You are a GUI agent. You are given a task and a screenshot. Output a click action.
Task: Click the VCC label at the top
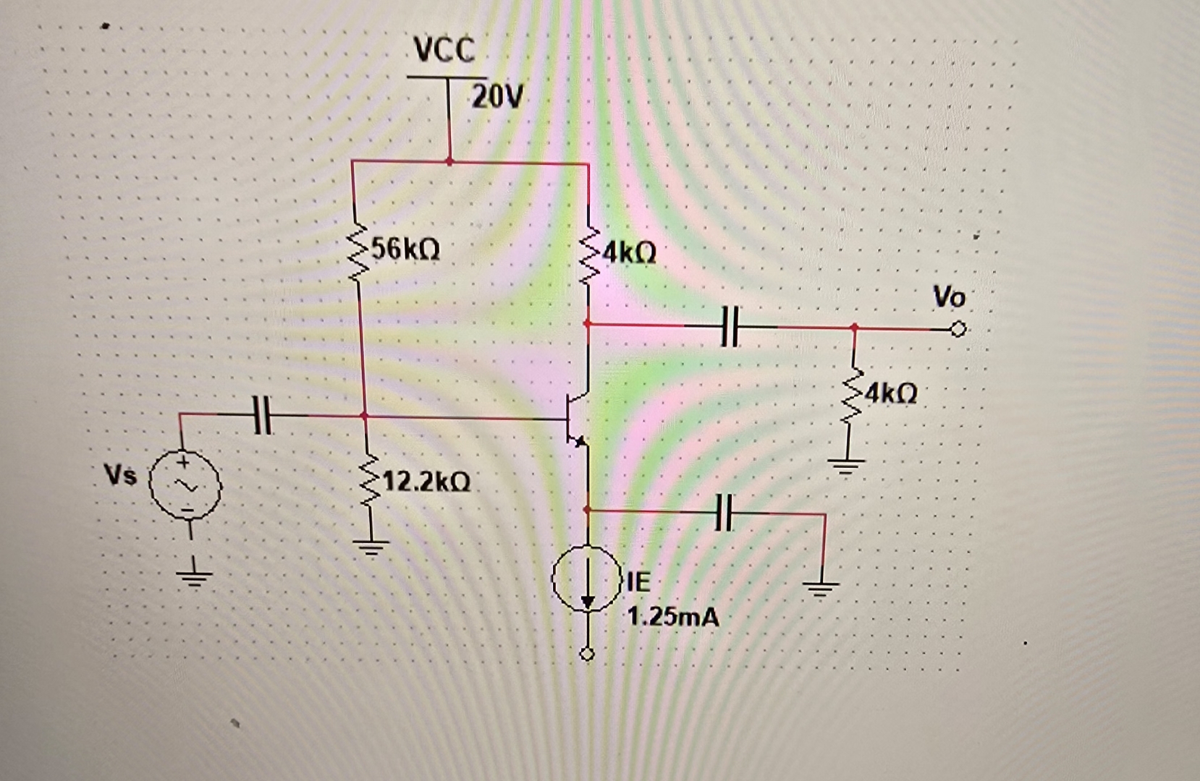tap(444, 49)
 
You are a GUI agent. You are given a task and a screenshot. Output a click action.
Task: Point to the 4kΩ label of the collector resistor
tap(628, 253)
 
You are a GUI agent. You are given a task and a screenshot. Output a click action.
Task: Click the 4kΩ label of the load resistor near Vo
tap(890, 393)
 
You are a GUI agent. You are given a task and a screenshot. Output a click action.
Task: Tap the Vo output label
tap(949, 296)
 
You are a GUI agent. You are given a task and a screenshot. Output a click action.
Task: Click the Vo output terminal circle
tap(958, 330)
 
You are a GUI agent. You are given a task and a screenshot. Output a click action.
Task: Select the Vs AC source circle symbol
tap(185, 484)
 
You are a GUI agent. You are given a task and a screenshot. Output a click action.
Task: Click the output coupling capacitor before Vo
tap(731, 325)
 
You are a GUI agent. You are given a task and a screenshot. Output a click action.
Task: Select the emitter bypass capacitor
tap(726, 512)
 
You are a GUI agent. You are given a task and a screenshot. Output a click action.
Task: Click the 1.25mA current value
tap(673, 617)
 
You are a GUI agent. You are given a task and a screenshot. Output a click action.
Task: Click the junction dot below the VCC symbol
tap(449, 161)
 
